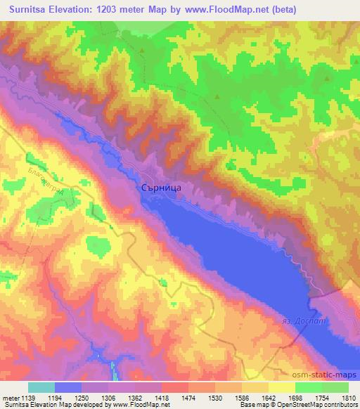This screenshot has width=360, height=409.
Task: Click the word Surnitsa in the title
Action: pos(29,9)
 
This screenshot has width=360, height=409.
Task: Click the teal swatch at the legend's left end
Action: pos(41,387)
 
